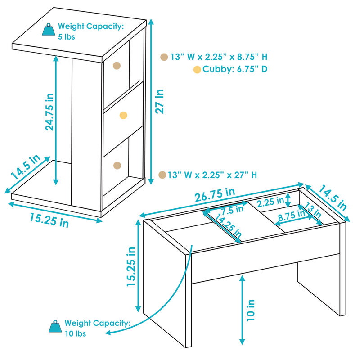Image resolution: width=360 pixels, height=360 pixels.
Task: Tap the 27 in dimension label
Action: pos(160,101)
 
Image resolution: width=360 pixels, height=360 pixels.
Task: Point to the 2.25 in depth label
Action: pos(270,201)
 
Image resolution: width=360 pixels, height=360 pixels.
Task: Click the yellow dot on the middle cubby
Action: pos(123,116)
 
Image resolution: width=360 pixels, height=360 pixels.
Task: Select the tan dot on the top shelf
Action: pos(117,66)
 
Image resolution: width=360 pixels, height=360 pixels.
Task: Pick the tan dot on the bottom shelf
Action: pos(117,165)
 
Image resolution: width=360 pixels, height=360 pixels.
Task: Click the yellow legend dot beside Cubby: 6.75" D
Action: pos(197,69)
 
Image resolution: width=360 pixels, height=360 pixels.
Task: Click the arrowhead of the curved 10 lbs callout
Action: pos(108,333)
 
